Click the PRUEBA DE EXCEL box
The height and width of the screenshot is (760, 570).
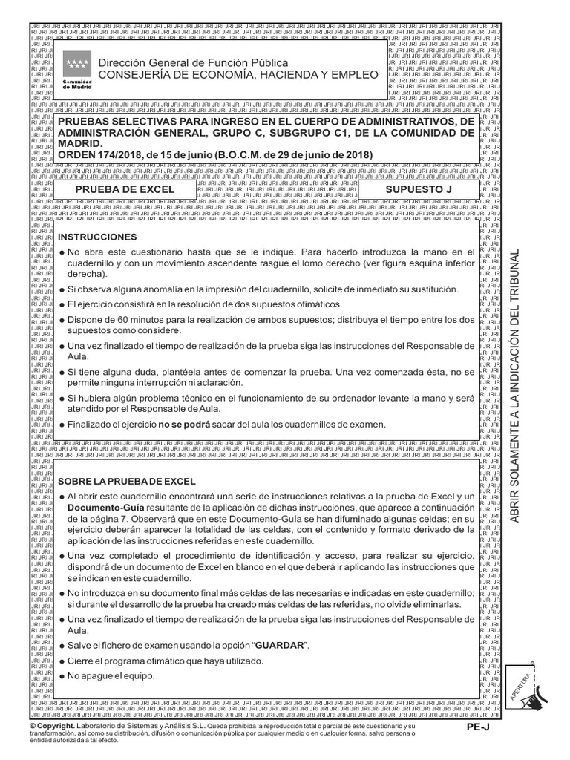(x=125, y=190)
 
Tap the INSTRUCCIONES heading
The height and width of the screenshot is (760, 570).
(x=98, y=237)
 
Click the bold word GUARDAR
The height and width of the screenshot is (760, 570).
(x=280, y=646)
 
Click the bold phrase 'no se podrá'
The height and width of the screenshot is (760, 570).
(x=183, y=425)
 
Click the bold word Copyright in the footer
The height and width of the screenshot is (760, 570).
(x=56, y=725)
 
